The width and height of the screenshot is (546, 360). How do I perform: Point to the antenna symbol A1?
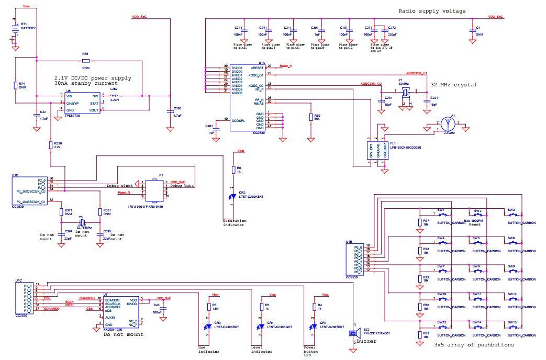pyautogui.click(x=447, y=123)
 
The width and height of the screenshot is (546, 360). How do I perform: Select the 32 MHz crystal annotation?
pyautogui.click(x=453, y=84)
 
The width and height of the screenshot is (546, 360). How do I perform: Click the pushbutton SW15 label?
pyautogui.click(x=511, y=322)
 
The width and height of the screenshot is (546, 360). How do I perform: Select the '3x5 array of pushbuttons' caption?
pyautogui.click(x=474, y=345)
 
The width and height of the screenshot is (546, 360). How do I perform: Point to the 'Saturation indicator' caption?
pyautogui.click(x=234, y=223)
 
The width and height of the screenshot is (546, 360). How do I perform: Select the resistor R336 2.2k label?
pyautogui.click(x=58, y=145)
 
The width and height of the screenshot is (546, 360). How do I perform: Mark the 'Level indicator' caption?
pyautogui.click(x=261, y=349)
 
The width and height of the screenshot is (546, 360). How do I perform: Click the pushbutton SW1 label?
pyautogui.click(x=441, y=210)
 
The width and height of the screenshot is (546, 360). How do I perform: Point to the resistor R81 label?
pyautogui.click(x=426, y=334)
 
